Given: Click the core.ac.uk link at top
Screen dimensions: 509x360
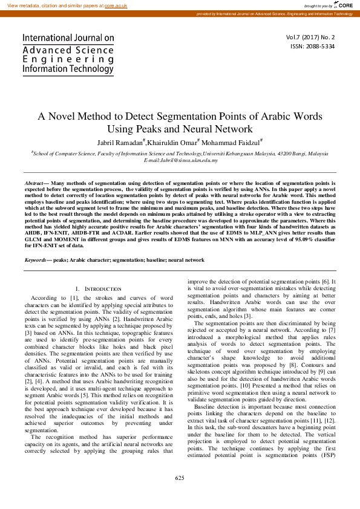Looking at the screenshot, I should [x=116, y=5].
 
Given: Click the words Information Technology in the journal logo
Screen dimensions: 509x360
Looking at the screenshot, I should [x=68, y=69].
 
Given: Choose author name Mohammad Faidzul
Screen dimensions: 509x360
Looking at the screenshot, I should [x=232, y=143].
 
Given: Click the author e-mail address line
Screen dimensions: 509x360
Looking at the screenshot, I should [x=180, y=160].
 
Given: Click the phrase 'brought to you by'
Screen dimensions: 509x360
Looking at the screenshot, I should [x=318, y=5].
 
